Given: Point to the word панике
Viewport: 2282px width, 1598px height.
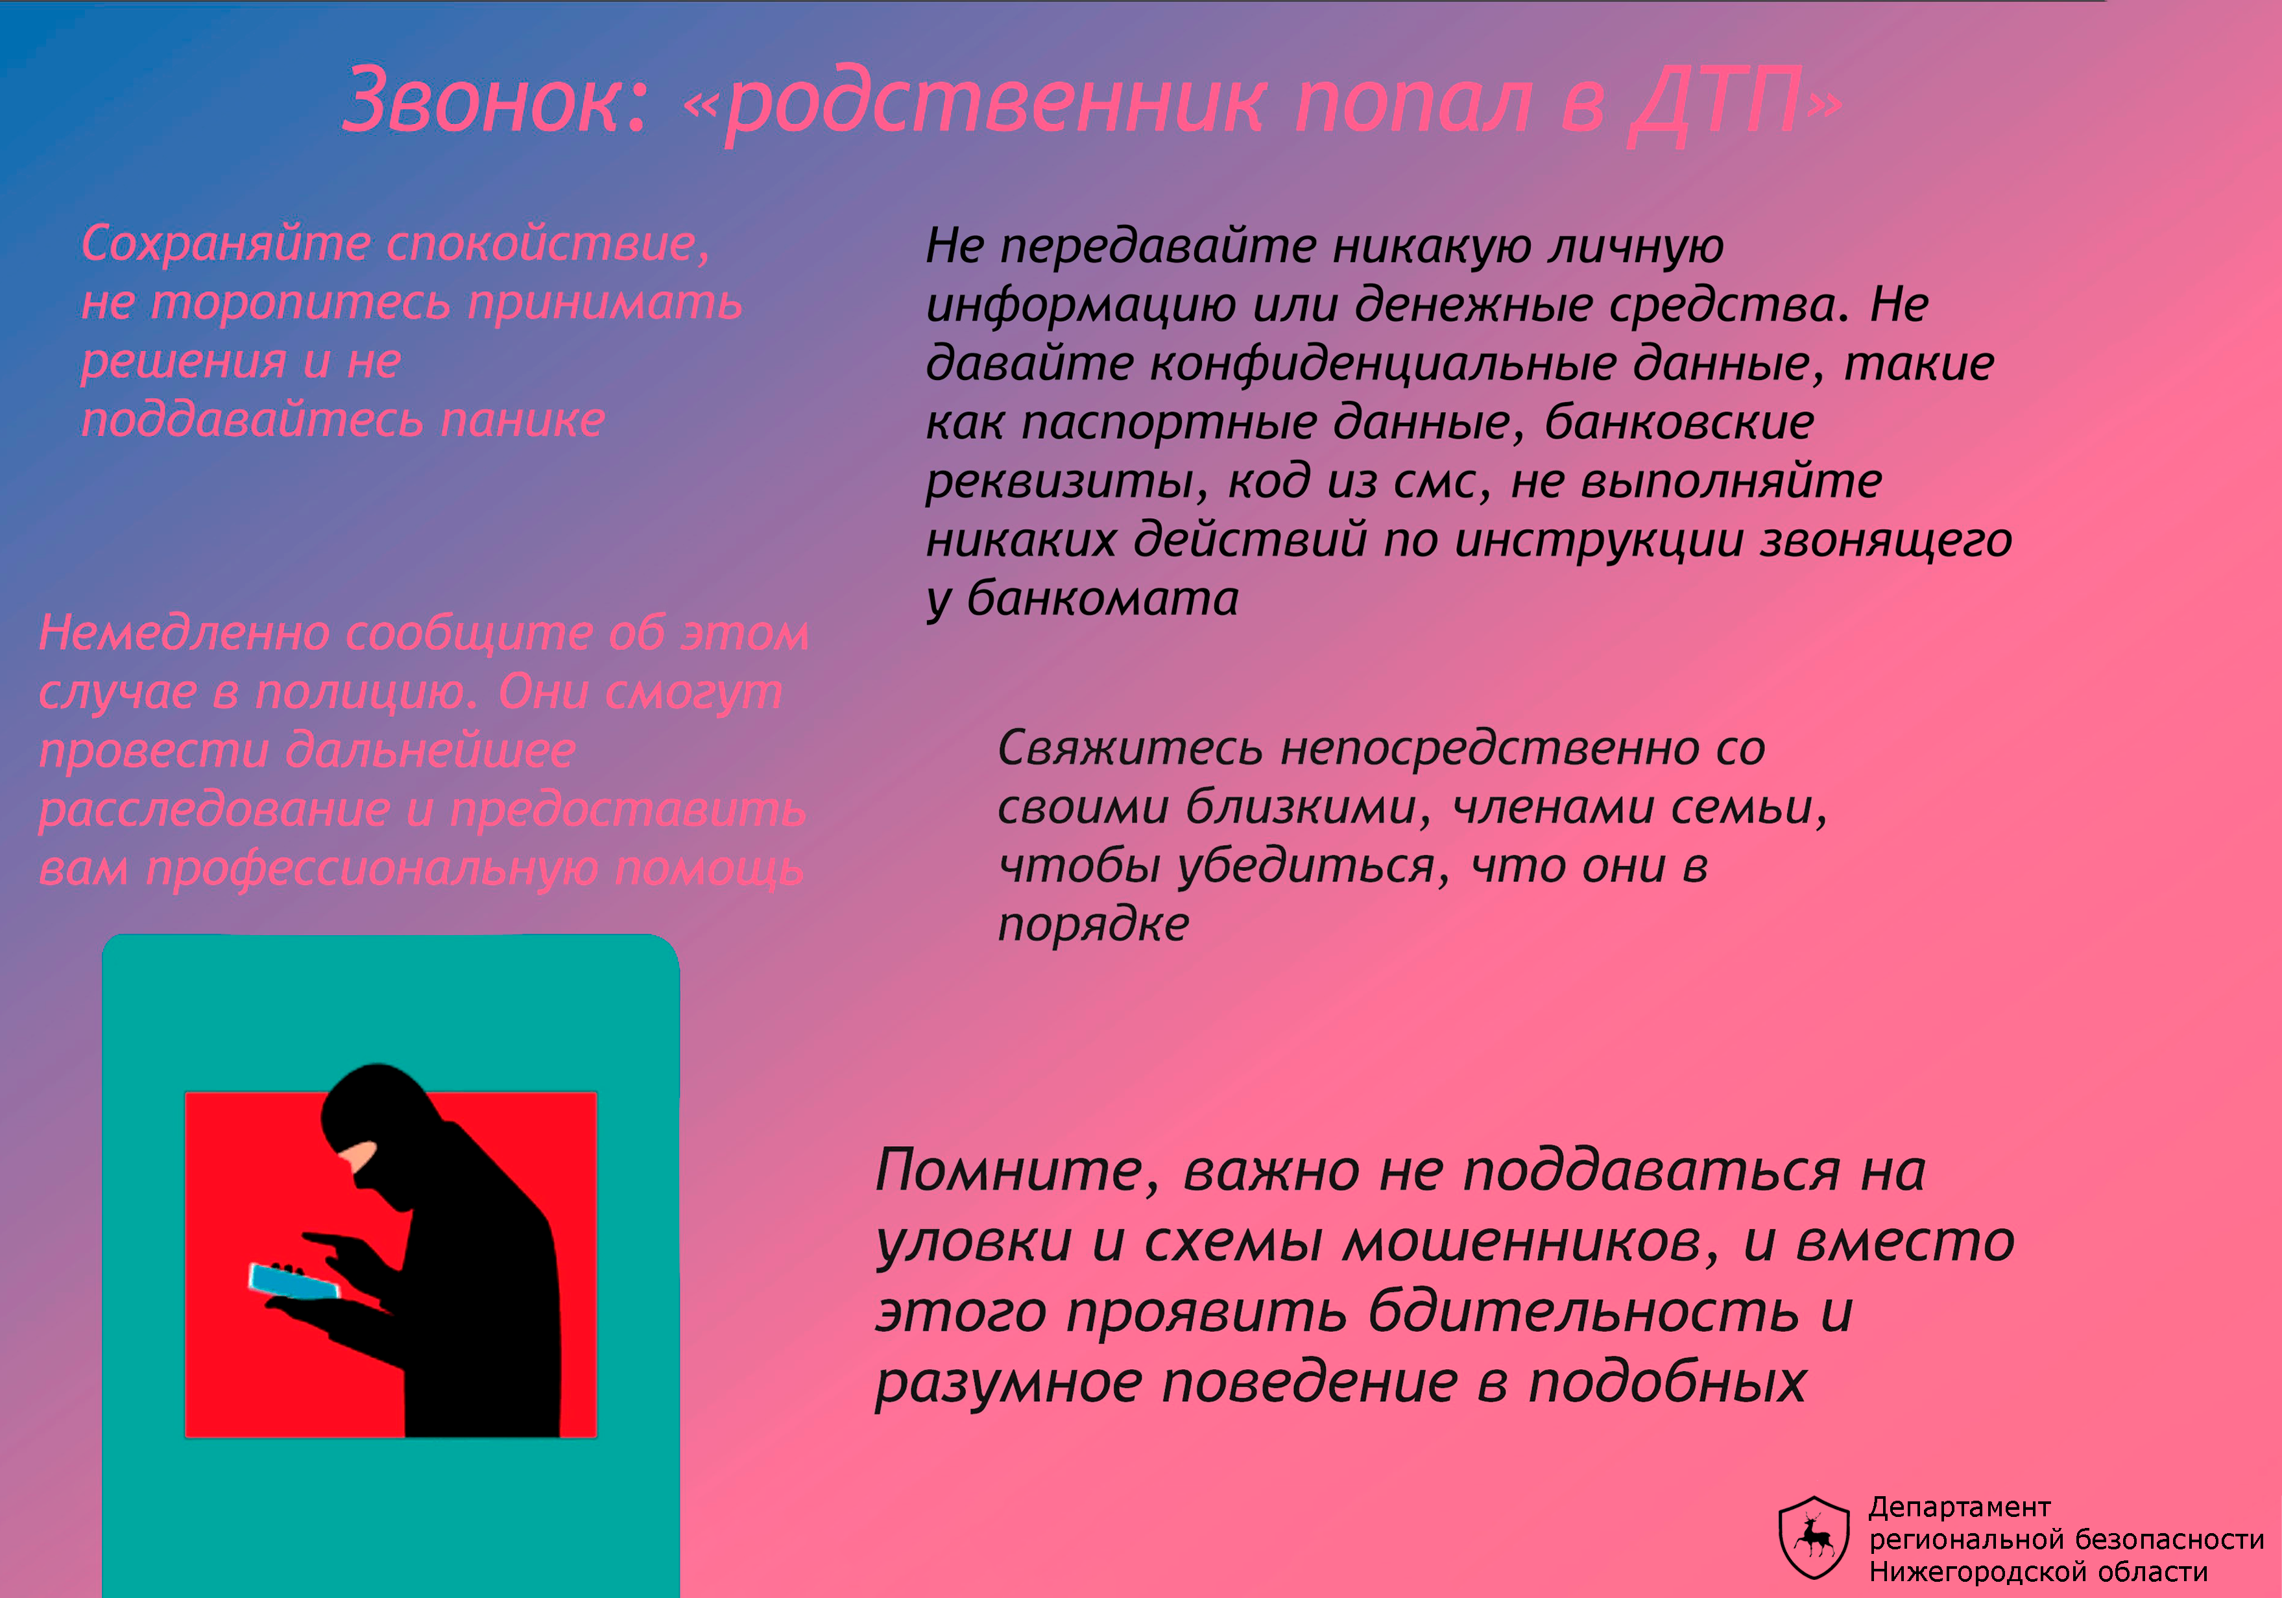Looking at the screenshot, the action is [x=523, y=420].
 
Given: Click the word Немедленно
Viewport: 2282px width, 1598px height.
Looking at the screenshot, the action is [x=184, y=632].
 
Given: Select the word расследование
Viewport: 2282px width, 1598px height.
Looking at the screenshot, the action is [x=213, y=809].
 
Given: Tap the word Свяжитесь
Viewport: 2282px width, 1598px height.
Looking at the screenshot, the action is [x=1130, y=748].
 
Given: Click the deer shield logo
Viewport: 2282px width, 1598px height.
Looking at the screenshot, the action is [x=1814, y=1538].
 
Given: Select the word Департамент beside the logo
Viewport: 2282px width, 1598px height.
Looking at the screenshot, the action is [x=1959, y=1509].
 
